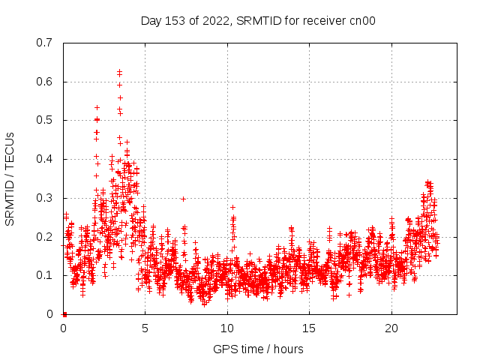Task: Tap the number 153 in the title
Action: click(175, 21)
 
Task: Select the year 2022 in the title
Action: click(215, 21)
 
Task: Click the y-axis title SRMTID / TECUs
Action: click(10, 178)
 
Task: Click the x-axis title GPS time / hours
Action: click(258, 349)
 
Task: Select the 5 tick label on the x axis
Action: click(145, 328)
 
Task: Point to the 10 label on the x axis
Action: click(227, 328)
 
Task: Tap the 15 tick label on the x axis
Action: click(310, 328)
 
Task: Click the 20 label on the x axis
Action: click(391, 328)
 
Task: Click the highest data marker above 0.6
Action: click(119, 71)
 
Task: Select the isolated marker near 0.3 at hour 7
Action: click(183, 199)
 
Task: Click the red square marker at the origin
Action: click(64, 314)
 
